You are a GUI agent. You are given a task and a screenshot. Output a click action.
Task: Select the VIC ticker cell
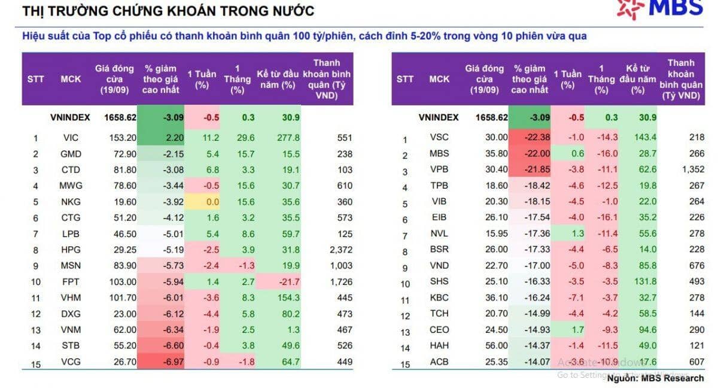[71, 138]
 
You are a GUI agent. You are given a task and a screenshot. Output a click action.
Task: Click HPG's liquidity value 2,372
[340, 250]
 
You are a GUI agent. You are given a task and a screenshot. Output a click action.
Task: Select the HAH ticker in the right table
[439, 345]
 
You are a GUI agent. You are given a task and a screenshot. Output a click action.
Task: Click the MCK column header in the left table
[71, 79]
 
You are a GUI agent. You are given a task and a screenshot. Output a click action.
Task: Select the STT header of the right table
[405, 79]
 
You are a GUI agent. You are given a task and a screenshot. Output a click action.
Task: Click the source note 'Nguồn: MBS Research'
[655, 378]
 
